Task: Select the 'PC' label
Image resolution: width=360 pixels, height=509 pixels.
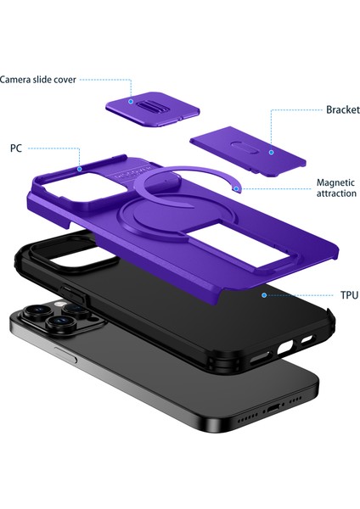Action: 16,148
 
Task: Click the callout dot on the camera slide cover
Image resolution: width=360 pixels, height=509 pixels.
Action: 131,102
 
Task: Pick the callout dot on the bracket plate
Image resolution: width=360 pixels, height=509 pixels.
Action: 270,152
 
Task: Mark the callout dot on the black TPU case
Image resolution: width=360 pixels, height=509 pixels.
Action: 265,294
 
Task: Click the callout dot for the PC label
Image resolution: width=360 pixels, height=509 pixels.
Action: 78,169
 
